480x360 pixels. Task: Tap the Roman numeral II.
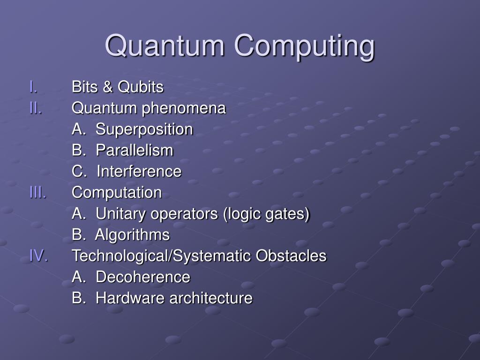pyautogui.click(x=36, y=108)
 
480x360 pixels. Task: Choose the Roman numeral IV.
pyautogui.click(x=38, y=255)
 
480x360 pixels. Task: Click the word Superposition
pyautogui.click(x=144, y=129)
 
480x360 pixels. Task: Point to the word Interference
pyautogui.click(x=139, y=172)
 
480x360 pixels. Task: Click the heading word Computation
pyautogui.click(x=117, y=193)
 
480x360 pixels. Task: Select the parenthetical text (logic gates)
pyautogui.click(x=266, y=214)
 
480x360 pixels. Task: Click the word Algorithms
pyautogui.click(x=132, y=235)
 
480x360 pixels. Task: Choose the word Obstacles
pyautogui.click(x=291, y=256)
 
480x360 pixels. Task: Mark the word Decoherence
pyautogui.click(x=143, y=277)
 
